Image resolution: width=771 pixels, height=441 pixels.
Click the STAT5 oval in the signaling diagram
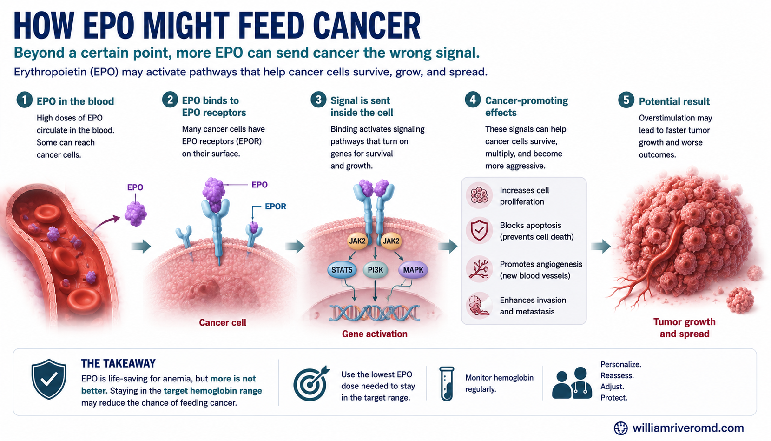coord(342,270)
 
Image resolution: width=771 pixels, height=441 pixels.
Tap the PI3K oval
coord(375,270)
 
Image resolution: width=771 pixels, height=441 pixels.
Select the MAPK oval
coord(413,270)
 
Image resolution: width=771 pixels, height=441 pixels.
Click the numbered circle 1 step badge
coord(25,100)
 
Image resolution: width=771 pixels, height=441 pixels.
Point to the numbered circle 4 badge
coord(473,100)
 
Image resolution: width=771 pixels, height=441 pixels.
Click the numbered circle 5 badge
coord(626,100)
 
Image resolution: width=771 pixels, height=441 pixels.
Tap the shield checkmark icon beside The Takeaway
coord(49,379)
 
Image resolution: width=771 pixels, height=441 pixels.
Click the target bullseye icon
coord(311,384)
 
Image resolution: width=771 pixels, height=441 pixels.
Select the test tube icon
coord(447,384)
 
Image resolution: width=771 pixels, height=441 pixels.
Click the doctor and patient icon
coord(572,383)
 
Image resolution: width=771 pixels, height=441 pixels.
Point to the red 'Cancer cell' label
coord(222,322)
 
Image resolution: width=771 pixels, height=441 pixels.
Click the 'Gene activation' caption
coord(375,334)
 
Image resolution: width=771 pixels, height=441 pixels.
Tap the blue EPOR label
coord(275,207)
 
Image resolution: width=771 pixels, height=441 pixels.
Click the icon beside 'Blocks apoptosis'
coord(479,230)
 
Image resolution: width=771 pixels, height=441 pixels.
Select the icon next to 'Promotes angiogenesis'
coord(479,269)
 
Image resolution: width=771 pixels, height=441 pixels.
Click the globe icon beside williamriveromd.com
coord(621,428)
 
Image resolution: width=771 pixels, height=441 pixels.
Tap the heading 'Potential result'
coord(674,101)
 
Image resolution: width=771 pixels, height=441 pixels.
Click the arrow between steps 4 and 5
coord(600,246)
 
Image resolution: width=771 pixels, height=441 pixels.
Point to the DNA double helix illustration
coord(375,313)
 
